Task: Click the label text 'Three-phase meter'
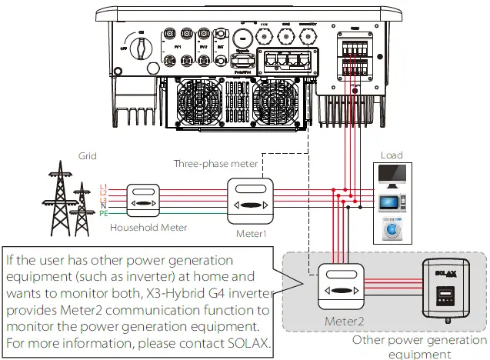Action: click(x=216, y=164)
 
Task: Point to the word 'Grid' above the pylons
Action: click(x=88, y=155)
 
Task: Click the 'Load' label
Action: click(x=392, y=155)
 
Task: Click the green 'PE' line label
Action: click(x=104, y=213)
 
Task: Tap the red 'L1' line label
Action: click(x=104, y=187)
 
